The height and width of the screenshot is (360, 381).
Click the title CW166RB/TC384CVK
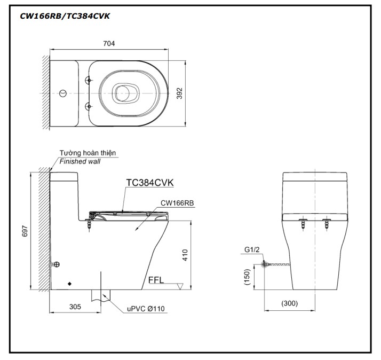65,15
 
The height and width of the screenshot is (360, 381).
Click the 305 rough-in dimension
75,307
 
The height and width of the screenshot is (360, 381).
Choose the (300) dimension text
289,303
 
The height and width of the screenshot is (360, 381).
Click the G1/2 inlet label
252,249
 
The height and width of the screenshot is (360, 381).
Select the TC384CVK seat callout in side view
149,183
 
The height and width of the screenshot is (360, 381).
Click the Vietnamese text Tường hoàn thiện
88,153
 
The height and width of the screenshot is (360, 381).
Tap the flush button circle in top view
63,94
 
